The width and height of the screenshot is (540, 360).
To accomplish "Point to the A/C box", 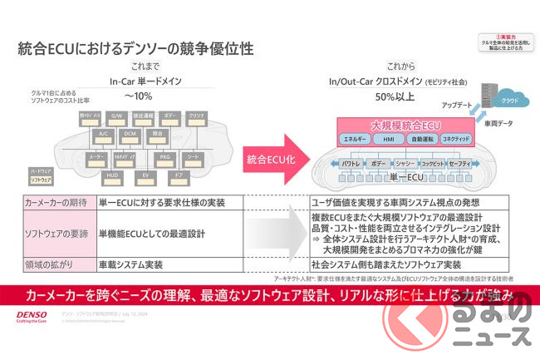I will click(x=104, y=133).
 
